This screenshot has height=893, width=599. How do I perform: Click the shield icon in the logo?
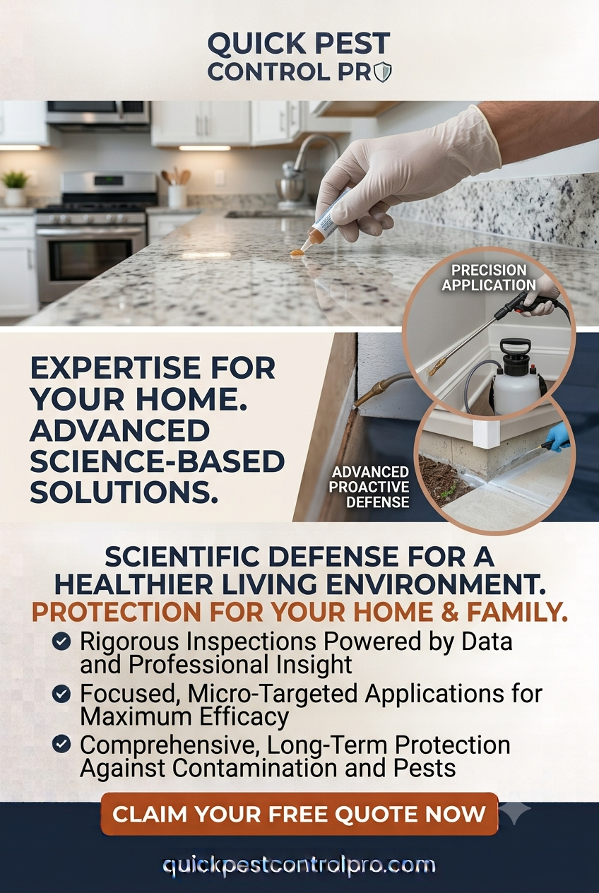(x=384, y=72)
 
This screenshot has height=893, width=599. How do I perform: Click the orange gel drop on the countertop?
(x=297, y=252)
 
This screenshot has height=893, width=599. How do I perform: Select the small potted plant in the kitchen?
(x=15, y=187)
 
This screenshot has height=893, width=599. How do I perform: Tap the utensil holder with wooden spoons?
(x=176, y=187)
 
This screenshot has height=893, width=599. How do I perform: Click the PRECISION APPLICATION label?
(x=489, y=278)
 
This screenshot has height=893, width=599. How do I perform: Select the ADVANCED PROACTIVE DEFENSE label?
(x=369, y=487)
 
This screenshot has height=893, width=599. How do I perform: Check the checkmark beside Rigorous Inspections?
(x=61, y=641)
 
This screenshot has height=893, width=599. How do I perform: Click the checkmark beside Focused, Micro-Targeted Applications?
(x=61, y=694)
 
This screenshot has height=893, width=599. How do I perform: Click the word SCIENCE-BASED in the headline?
(x=157, y=461)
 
